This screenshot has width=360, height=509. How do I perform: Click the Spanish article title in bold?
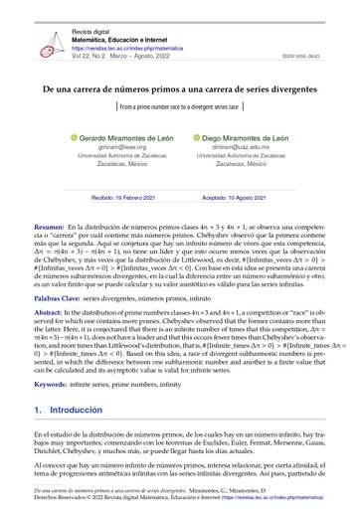(x=179, y=88)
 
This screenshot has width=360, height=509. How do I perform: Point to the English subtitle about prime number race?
(x=179, y=104)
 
